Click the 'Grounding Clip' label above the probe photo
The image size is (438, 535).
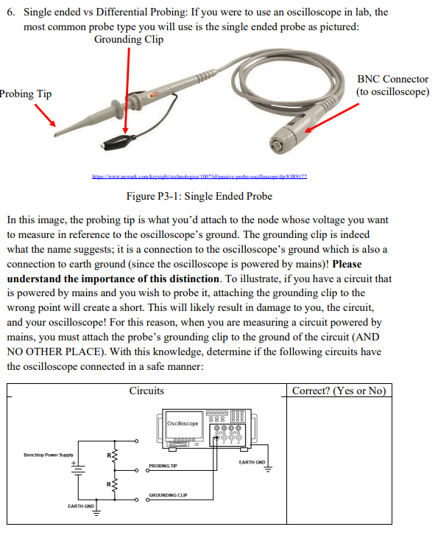129,39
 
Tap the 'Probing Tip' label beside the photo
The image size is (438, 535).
26,94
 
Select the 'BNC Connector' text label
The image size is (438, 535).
392,79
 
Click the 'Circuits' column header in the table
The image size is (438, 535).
146,391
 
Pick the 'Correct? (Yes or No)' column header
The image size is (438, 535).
338,391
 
